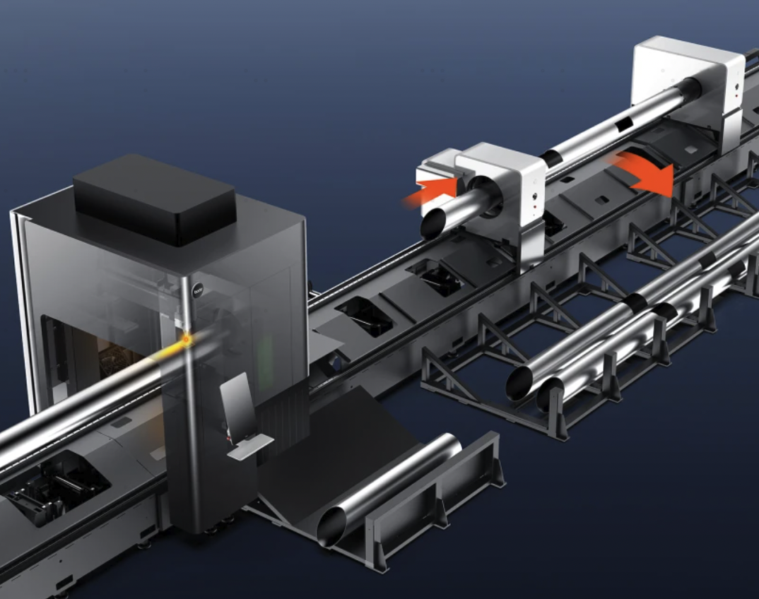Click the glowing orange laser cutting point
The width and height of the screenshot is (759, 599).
coord(187,340)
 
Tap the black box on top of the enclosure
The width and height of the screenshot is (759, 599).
coord(154,199)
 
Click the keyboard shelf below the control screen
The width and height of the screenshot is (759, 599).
coord(250,446)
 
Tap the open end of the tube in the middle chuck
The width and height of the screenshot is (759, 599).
coord(433,224)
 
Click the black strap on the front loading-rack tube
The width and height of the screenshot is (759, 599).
coord(634,304)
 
